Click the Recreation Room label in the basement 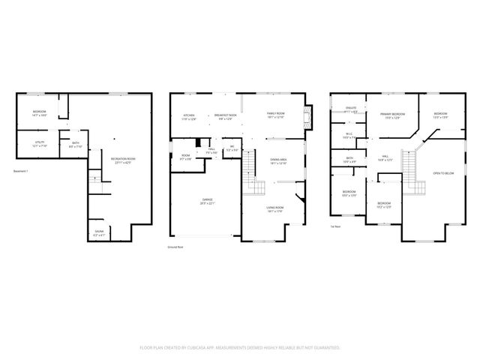coord(123,160)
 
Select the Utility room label coord(39,143)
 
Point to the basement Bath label coord(76,144)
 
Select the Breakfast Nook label coord(225,116)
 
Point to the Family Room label coord(277,114)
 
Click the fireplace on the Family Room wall coord(305,116)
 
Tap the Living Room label coord(275,208)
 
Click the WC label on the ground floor coord(232,148)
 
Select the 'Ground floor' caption coord(177,246)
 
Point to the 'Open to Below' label coord(442,173)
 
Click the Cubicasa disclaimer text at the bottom coord(240,348)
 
